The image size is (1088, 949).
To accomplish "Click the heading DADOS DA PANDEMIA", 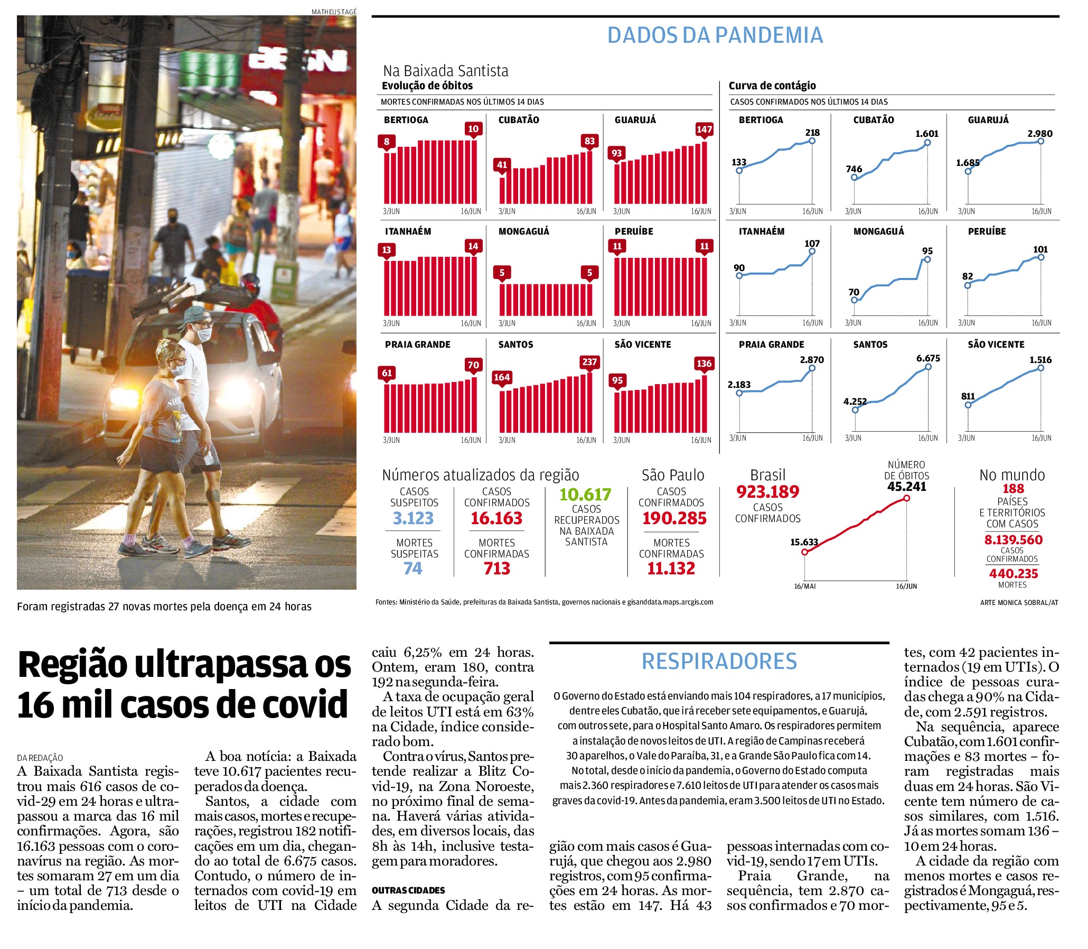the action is [x=715, y=35].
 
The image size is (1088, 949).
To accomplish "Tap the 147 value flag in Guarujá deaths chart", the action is [x=704, y=130].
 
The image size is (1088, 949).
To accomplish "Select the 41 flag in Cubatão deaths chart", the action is [x=502, y=165].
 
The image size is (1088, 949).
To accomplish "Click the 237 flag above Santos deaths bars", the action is [x=589, y=362].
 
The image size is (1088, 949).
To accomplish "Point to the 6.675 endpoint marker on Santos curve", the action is [x=928, y=367].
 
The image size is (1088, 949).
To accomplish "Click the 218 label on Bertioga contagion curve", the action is [x=812, y=133].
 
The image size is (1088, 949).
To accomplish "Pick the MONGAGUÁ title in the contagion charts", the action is [x=879, y=231].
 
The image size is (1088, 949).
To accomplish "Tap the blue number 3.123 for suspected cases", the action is [x=414, y=518].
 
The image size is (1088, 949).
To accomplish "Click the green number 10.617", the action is [x=586, y=495].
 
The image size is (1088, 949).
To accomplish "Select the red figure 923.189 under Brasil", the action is [x=768, y=492].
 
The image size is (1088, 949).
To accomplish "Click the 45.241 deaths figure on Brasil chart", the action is [x=907, y=487].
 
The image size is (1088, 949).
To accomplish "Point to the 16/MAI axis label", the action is [x=805, y=586].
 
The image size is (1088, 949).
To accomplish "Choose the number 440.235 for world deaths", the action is [x=1014, y=573].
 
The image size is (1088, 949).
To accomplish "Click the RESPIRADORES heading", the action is [x=719, y=662].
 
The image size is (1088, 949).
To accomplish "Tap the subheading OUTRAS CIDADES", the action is [x=408, y=890].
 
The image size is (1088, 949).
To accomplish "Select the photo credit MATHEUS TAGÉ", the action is [x=334, y=12].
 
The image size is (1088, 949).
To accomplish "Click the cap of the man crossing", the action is [x=196, y=315].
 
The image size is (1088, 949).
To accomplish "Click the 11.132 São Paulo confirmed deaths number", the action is [x=671, y=568].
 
